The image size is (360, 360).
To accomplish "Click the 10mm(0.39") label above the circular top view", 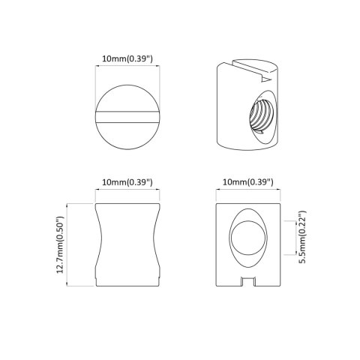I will [x=127, y=58].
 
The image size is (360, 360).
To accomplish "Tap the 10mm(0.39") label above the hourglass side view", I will [x=127, y=182].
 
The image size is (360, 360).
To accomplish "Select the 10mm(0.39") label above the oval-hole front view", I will [x=247, y=182].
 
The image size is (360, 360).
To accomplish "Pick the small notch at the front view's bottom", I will [x=247, y=283].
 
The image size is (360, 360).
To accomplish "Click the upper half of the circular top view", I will [x=127, y=94].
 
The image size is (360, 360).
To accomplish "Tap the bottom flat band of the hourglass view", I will [x=127, y=280].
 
